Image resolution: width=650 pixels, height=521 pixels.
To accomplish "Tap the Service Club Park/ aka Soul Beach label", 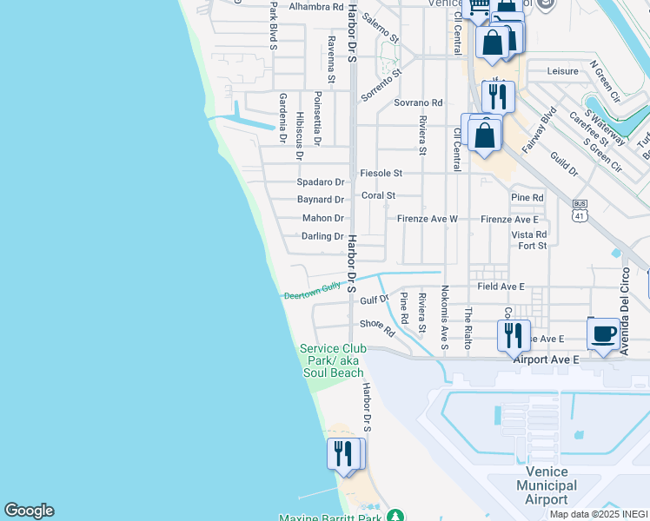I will click(x=332, y=360).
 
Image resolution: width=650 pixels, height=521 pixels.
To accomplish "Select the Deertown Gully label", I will click(x=313, y=293).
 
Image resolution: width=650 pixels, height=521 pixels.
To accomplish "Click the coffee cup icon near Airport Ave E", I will click(x=604, y=333).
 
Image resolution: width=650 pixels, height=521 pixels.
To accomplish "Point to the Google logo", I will click(x=29, y=511).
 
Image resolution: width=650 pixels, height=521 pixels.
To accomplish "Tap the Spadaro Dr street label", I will click(x=321, y=182).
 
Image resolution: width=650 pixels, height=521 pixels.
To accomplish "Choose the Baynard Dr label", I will click(x=321, y=200).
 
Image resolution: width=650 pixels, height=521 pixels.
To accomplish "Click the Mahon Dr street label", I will click(x=323, y=219).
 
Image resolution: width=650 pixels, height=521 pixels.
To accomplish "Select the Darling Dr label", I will click(x=322, y=236).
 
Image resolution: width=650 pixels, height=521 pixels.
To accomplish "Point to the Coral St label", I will click(x=378, y=196).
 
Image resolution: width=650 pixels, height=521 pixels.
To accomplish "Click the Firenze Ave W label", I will click(x=428, y=219).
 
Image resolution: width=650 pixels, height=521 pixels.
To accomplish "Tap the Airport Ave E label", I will click(x=546, y=358).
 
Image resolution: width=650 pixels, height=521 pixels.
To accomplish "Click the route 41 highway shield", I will click(x=580, y=208).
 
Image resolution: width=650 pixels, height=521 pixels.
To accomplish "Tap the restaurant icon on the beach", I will click(x=343, y=453).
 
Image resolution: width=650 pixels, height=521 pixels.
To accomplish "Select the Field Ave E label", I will click(x=501, y=286).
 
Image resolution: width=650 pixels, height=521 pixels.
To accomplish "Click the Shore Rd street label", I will click(x=376, y=326).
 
